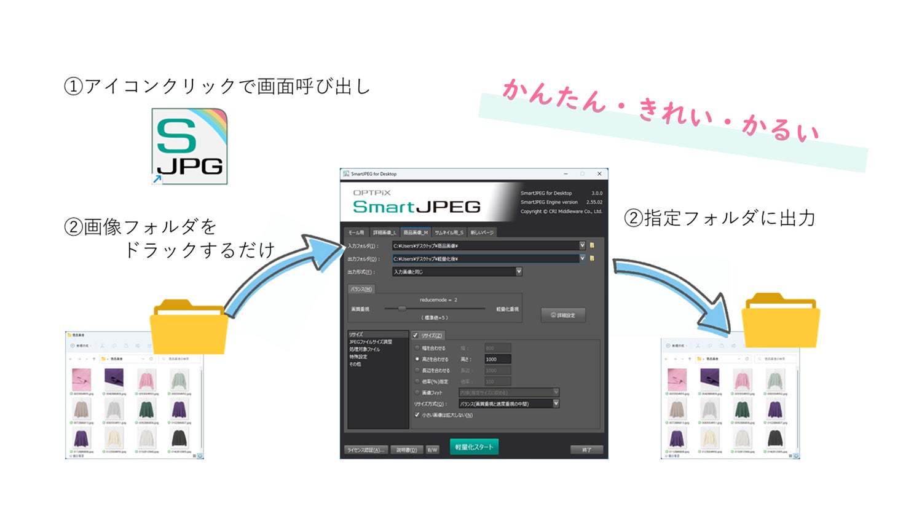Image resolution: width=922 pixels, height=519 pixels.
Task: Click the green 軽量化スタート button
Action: click(474, 447)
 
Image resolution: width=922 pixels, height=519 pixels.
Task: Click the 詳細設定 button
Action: click(563, 315)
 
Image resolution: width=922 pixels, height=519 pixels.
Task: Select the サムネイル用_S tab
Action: click(449, 232)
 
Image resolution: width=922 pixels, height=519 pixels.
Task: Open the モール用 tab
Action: click(357, 232)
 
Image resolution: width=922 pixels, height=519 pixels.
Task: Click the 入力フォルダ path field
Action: click(486, 245)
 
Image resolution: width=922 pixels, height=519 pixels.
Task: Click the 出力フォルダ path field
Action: click(486, 259)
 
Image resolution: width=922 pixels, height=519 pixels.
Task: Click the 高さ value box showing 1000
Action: click(497, 359)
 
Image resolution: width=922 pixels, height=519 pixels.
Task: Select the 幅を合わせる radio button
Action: click(417, 348)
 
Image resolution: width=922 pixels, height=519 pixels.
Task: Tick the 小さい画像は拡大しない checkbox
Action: click(417, 415)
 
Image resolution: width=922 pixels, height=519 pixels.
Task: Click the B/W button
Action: click(432, 450)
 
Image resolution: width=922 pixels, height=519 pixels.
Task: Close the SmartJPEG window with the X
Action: click(599, 174)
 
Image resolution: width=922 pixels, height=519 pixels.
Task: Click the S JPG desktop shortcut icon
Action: click(189, 146)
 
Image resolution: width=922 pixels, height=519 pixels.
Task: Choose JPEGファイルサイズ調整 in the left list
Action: click(371, 342)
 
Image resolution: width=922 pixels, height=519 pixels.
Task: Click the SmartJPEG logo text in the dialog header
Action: click(416, 207)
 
